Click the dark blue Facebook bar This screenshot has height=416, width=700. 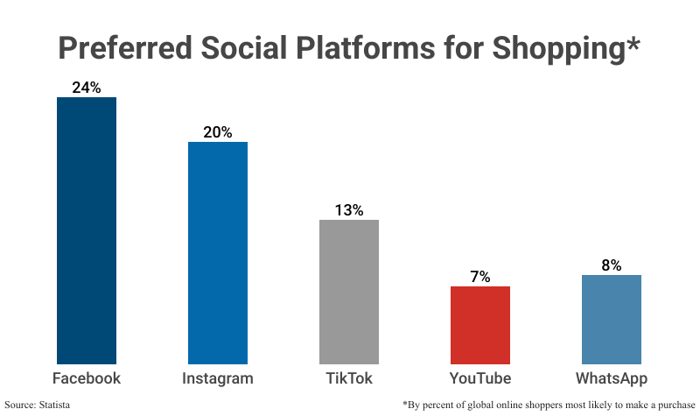point(87,229)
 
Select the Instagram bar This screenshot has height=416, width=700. point(218,252)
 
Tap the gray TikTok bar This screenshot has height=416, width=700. point(349,291)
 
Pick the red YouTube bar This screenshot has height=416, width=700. point(480,324)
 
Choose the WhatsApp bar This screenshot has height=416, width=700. point(612,319)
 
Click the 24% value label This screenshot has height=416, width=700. point(87,88)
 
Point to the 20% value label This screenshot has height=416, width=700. point(218,132)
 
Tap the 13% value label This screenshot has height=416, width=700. point(349,210)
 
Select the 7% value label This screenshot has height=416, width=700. point(480,277)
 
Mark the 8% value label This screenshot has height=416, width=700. point(612,265)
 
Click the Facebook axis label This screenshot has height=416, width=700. point(87,379)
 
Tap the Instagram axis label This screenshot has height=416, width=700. point(218,379)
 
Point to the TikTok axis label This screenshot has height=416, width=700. point(349,379)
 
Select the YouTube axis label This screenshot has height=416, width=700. point(480,379)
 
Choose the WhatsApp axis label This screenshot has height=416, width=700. point(612,379)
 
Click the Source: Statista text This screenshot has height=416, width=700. point(37,405)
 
